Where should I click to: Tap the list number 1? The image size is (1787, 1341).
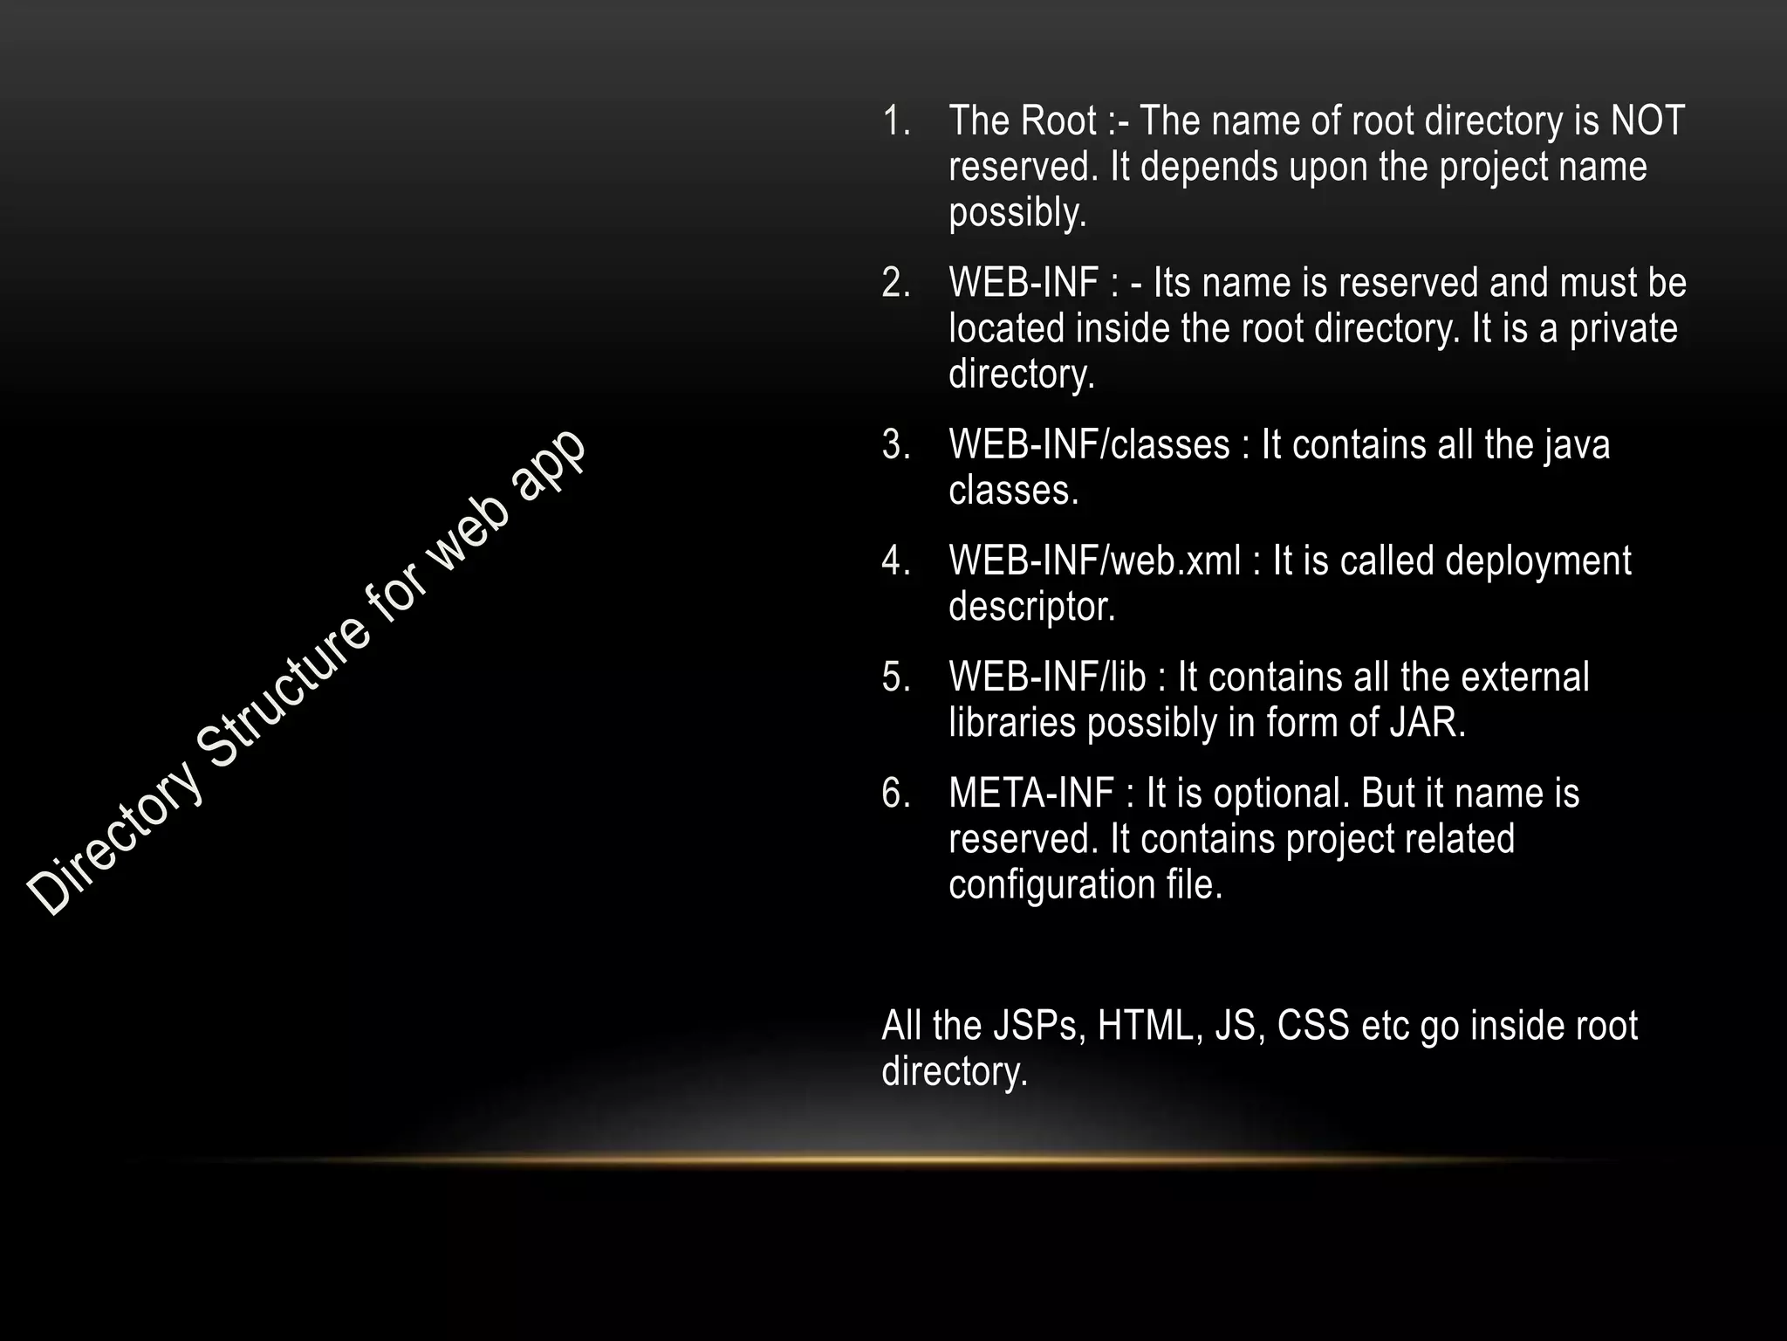(x=896, y=121)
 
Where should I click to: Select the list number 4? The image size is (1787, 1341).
(x=896, y=560)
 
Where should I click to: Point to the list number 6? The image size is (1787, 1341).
(x=896, y=794)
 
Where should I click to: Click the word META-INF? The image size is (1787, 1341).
(x=1030, y=794)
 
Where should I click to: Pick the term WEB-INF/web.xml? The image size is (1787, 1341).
(x=1094, y=560)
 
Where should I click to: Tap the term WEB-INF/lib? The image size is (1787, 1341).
(x=1047, y=677)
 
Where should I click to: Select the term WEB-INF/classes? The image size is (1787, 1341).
(x=1089, y=444)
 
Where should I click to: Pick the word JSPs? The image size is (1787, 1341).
(x=1037, y=1026)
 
